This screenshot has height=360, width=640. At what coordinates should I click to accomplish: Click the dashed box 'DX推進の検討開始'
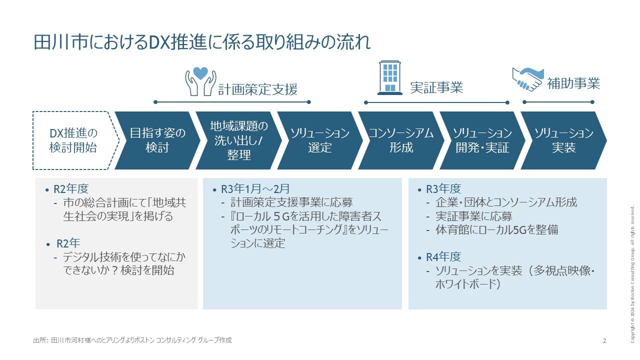pos(73,140)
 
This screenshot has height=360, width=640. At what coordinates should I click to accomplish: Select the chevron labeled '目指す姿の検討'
pos(157,140)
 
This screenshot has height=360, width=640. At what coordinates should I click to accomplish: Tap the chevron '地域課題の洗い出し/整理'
pos(238,140)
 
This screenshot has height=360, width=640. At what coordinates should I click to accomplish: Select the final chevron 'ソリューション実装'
pos(563,140)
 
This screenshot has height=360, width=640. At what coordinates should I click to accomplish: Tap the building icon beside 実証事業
pos(390,78)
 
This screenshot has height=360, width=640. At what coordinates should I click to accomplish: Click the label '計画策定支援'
pos(257,89)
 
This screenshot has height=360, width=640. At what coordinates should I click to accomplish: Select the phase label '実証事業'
pos(436,87)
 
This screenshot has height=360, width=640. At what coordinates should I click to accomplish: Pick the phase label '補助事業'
pos(573,83)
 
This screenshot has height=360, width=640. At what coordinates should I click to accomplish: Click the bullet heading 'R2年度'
pos(71,189)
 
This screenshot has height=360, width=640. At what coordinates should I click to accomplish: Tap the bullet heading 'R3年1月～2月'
pos(255,189)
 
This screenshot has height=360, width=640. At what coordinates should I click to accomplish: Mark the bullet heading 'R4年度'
pos(443,257)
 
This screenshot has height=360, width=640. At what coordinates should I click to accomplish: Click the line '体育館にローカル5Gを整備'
pos(497,230)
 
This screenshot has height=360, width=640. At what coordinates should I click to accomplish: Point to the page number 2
pos(604,341)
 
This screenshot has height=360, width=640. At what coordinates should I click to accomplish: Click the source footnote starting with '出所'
pos(132,340)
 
